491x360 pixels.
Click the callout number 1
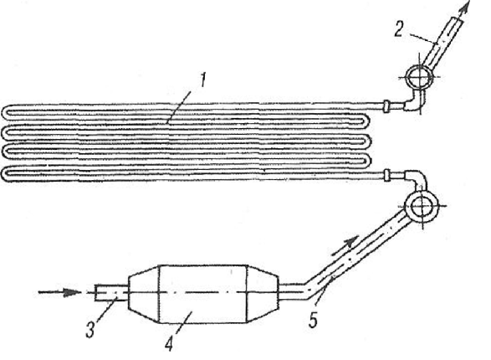pyautogui.click(x=203, y=80)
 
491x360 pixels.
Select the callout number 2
pyautogui.click(x=399, y=30)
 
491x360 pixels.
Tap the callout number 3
pyautogui.click(x=90, y=329)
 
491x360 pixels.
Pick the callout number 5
pyautogui.click(x=313, y=320)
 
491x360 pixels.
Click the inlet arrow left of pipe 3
pyautogui.click(x=59, y=292)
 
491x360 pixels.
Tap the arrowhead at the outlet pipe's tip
pyautogui.click(x=466, y=7)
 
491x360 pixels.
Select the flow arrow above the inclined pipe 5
pyautogui.click(x=345, y=245)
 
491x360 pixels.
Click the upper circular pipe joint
pyautogui.click(x=419, y=77)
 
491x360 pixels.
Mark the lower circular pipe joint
pyautogui.click(x=422, y=207)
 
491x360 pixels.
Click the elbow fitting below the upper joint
pyautogui.click(x=412, y=103)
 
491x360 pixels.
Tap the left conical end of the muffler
pyautogui.click(x=144, y=293)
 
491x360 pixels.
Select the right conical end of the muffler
pyautogui.click(x=263, y=293)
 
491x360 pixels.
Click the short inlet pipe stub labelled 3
pyautogui.click(x=111, y=293)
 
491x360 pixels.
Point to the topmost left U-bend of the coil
pyautogui.click(x=6, y=112)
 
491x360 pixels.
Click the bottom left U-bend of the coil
pyautogui.click(x=6, y=174)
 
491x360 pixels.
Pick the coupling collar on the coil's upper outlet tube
pyautogui.click(x=386, y=105)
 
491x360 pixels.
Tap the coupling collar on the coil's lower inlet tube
pyautogui.click(x=387, y=174)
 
